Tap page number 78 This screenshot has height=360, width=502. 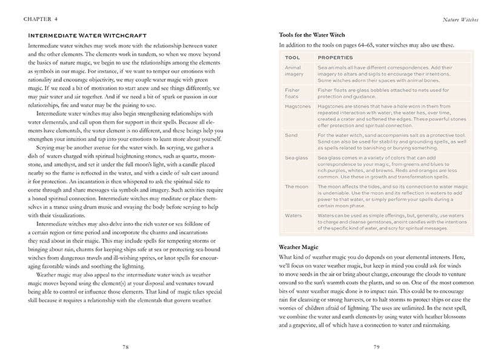click(x=125, y=347)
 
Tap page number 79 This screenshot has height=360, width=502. click(x=376, y=347)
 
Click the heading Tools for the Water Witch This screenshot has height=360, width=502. click(x=312, y=35)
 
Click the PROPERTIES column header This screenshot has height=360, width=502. click(x=335, y=58)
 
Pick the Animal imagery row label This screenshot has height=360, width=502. click(x=294, y=72)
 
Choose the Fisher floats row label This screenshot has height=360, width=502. click(x=292, y=93)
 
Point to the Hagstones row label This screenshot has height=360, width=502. click(x=297, y=106)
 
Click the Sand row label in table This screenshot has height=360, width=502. click(x=290, y=135)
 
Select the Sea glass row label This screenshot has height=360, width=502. click(x=295, y=158)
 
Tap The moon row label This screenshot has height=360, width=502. click(x=296, y=187)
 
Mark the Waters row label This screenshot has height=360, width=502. click(x=293, y=215)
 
